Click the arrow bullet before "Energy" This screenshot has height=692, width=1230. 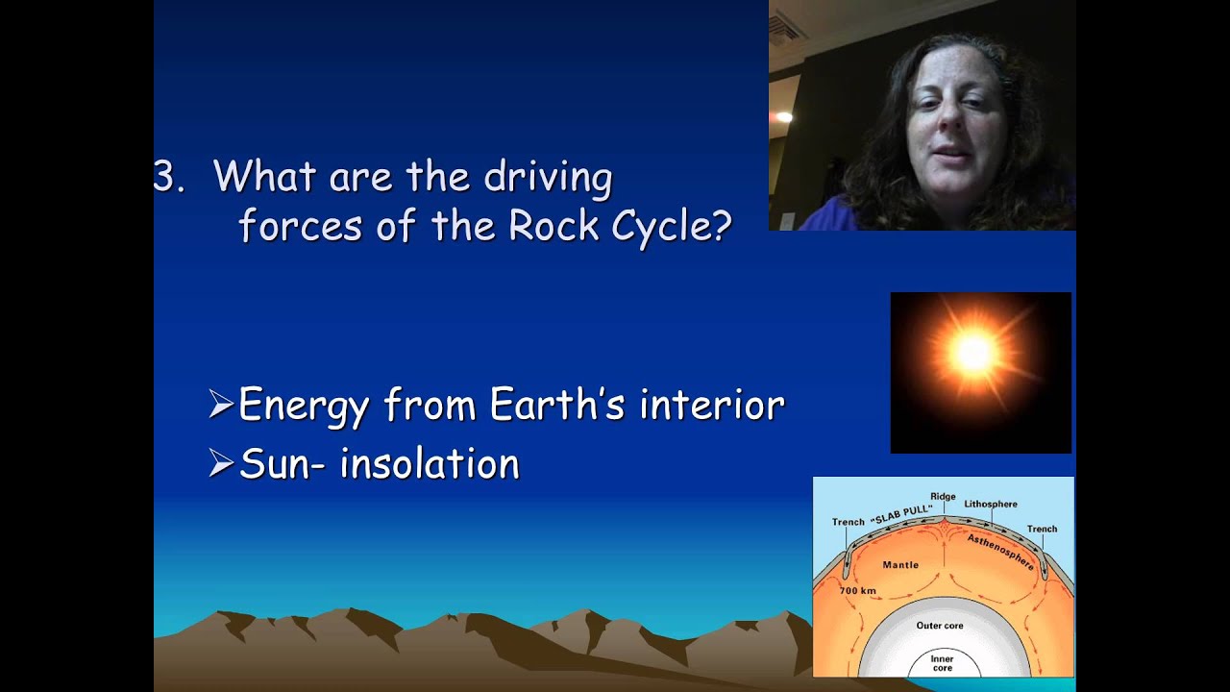coord(221,406)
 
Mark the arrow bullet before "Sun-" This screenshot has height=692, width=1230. coord(221,464)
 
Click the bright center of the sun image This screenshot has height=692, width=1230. coord(974,354)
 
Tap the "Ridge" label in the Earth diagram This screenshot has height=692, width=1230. coord(943,497)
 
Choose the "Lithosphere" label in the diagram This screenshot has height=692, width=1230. coord(991,504)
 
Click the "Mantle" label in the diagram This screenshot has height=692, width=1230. coord(900,565)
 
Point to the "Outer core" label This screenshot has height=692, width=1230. coord(940,626)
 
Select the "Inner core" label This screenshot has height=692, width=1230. coord(942,663)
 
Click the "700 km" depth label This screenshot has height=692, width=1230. coord(857,590)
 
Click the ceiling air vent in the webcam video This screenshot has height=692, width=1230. coord(784,28)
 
